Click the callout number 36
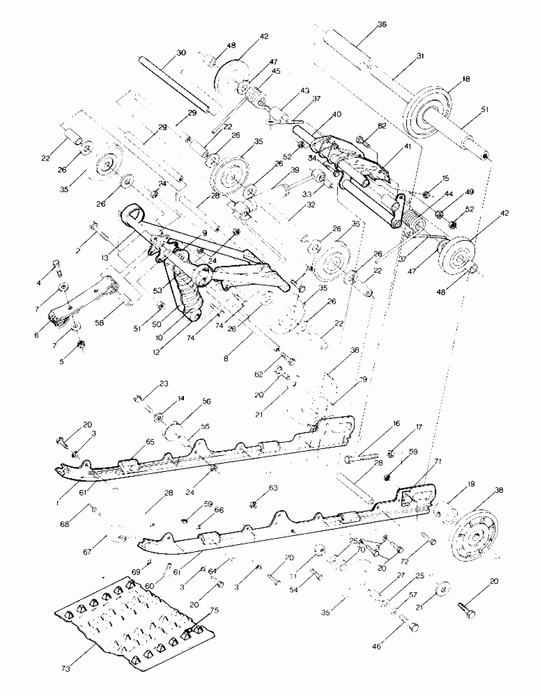(382, 24)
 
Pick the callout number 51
(484, 109)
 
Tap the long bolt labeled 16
(361, 459)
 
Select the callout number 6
(36, 335)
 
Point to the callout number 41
(408, 147)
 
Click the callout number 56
(207, 401)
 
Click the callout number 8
(226, 359)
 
